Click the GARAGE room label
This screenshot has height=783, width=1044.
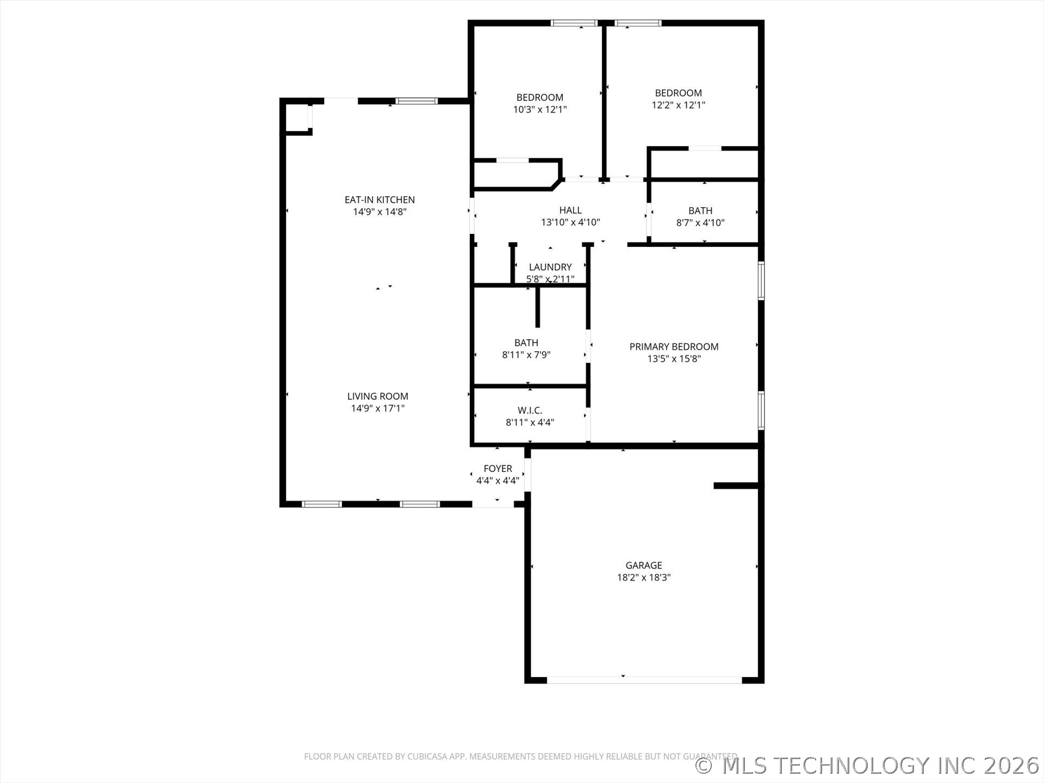[644, 565]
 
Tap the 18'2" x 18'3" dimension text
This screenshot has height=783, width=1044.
[644, 577]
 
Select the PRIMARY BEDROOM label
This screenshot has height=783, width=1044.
[674, 347]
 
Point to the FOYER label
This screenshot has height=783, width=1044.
[498, 469]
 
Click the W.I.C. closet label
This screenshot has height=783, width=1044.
[530, 411]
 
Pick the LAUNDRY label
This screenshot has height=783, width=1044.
[550, 267]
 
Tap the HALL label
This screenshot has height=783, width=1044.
[570, 210]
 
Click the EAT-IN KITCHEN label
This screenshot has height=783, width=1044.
[380, 200]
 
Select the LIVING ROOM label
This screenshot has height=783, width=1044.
[378, 396]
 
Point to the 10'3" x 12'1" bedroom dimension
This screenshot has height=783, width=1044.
[540, 109]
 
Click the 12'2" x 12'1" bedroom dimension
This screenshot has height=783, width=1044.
[679, 105]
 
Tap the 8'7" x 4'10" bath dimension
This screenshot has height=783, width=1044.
[700, 222]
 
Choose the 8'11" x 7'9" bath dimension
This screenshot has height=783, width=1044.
[526, 355]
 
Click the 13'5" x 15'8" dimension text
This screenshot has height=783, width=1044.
[674, 359]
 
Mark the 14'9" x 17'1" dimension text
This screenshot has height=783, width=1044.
[378, 408]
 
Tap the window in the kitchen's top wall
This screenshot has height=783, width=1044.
[417, 101]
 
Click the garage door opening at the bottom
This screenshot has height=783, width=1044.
[644, 680]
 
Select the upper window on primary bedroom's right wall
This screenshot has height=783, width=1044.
[761, 281]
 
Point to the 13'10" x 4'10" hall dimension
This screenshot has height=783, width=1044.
[570, 222]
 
